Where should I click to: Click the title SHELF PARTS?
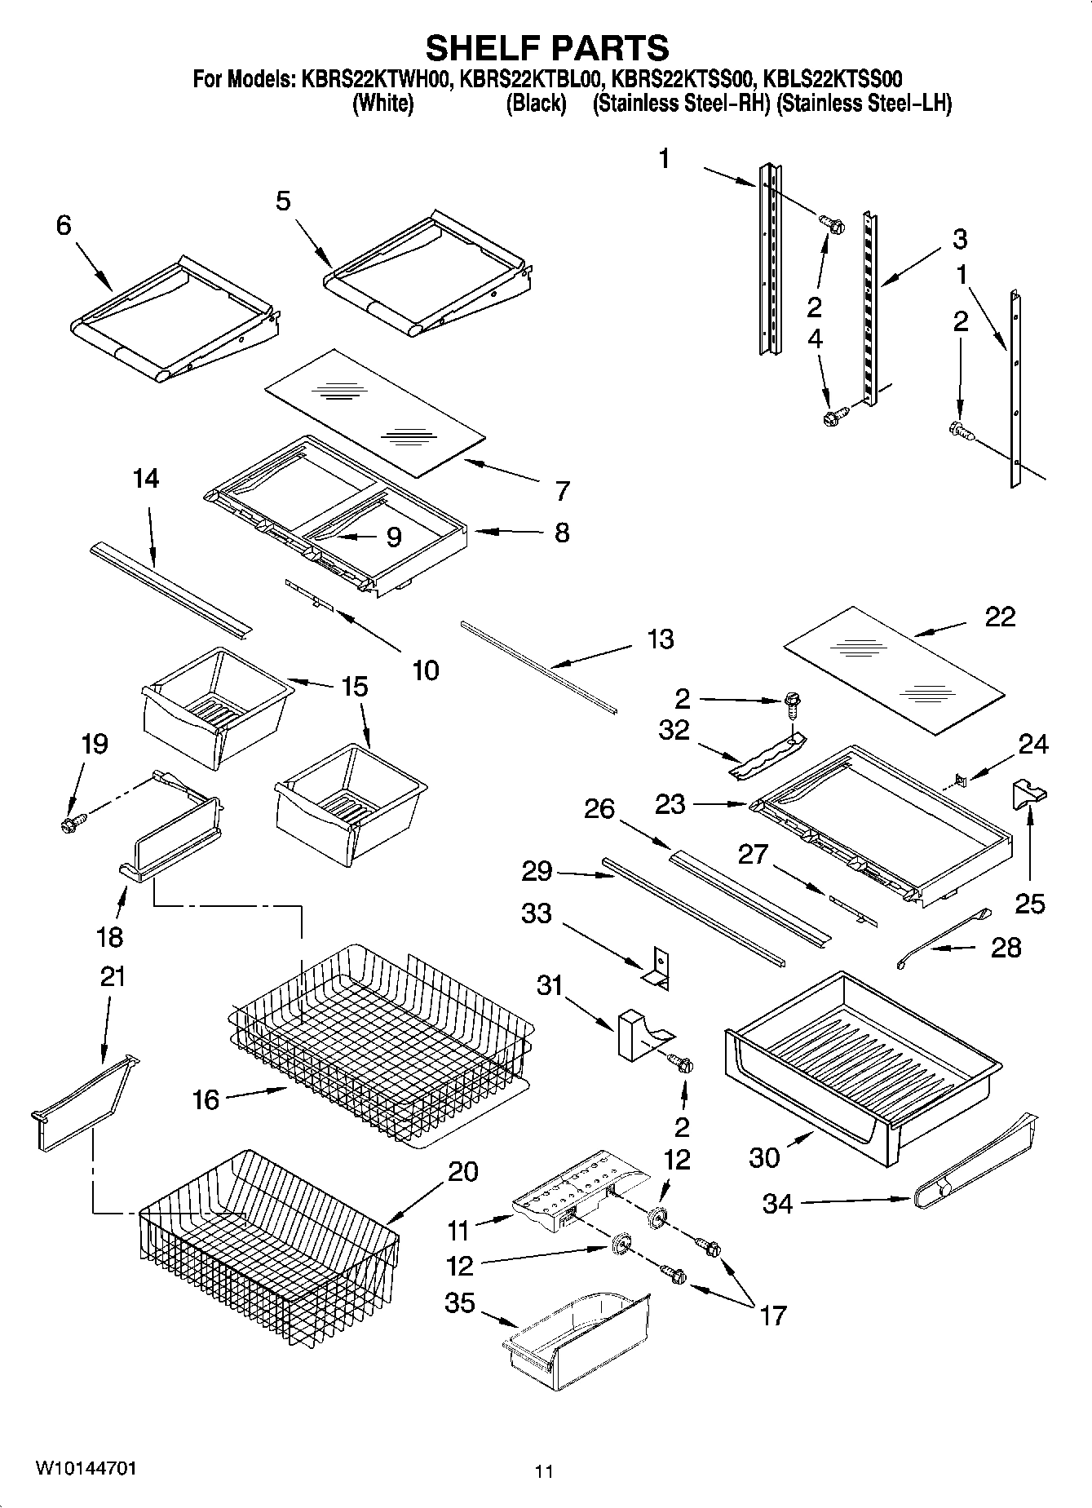[546, 48]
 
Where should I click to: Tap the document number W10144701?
[86, 1468]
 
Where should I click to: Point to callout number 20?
[462, 1172]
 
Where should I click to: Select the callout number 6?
[64, 226]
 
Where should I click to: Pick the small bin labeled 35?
[577, 1347]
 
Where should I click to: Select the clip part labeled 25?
[1029, 794]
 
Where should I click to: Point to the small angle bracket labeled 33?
[657, 968]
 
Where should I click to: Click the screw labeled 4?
[833, 418]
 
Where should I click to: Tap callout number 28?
[1006, 948]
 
